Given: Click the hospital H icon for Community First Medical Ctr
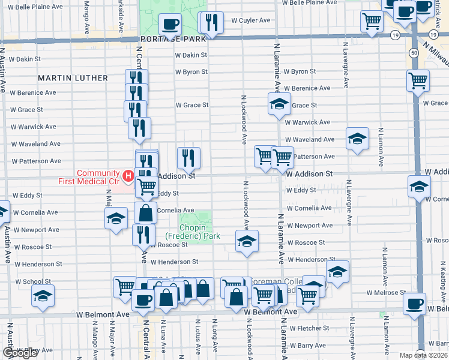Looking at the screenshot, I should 127,176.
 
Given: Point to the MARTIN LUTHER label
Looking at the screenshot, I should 73,78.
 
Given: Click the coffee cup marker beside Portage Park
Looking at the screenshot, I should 170,24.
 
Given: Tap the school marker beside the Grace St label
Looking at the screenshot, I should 279,104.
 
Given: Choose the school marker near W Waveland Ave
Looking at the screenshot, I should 357,139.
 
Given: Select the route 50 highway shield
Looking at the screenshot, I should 415,53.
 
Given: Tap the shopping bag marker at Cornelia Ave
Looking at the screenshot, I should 145,213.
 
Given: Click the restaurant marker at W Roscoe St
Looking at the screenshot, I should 143,235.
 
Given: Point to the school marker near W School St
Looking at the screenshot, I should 43,296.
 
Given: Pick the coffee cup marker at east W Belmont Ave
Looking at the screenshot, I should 414,303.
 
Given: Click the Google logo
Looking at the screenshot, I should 21,352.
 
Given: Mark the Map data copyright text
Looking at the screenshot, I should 423,355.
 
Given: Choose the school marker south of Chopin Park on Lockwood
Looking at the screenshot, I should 247,241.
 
